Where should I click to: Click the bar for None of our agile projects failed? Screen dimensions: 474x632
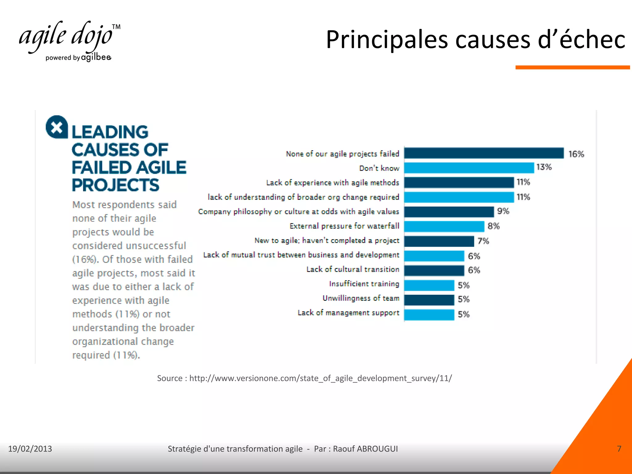pos(484,153)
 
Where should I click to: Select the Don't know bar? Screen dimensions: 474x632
pos(469,168)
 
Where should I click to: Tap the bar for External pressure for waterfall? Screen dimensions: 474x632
pos(444,226)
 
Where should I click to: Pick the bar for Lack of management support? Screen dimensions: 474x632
pos(429,314)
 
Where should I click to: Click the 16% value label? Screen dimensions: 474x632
pos(576,154)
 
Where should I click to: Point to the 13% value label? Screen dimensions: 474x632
pos(544,167)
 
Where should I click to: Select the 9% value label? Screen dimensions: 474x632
pos(503,211)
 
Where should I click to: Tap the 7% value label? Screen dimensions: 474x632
pos(483,241)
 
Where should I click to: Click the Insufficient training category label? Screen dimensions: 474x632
pos(364,284)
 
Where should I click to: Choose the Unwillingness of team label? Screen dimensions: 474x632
pos(361,298)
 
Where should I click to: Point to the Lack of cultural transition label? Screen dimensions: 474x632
pos(353,269)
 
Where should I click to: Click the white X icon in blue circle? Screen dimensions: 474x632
pos(57,127)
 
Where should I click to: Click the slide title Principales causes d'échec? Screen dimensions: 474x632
pos(475,39)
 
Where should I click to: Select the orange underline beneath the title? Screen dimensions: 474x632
pos(572,67)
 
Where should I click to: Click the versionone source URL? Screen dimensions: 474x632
pos(320,378)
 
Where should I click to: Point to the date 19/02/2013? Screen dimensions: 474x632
pos(30,449)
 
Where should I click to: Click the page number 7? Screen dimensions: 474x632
pos(619,449)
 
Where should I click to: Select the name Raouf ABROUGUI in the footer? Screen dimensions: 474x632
pos(365,449)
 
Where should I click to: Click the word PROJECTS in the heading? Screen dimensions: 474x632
pos(115,185)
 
